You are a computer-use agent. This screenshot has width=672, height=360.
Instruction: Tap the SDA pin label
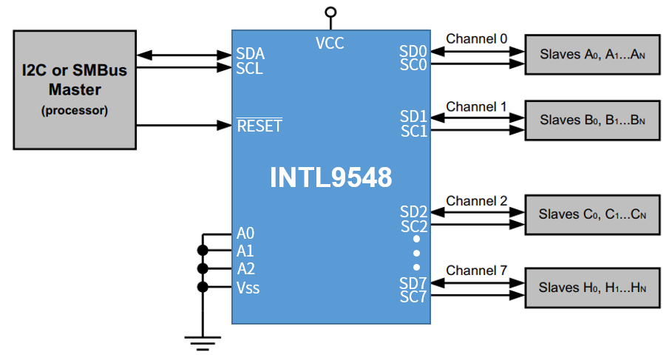pos(250,54)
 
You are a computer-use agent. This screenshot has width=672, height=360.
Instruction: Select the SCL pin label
pos(249,69)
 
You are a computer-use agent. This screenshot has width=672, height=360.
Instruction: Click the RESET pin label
pos(259,126)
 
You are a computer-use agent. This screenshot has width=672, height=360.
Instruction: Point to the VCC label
pos(330,43)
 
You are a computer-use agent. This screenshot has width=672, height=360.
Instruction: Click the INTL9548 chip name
pos(330,177)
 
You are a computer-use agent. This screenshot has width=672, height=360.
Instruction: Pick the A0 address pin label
pos(246,233)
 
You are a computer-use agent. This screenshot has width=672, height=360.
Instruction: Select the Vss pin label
pos(248,288)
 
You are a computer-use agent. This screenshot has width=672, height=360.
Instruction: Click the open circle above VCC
pos(330,12)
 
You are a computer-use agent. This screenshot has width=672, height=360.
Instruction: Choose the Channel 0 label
pos(477,38)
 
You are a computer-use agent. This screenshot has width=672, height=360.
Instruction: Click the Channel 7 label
pos(477,271)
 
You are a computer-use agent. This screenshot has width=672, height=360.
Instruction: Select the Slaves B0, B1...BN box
pos(592,119)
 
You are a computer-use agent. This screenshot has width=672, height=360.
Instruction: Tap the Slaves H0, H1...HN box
pos(592,288)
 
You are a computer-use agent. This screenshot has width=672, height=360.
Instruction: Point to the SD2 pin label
pos(414,212)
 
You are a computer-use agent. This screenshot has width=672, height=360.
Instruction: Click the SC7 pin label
pos(414,296)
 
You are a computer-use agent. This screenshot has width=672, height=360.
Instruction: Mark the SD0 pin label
pos(414,51)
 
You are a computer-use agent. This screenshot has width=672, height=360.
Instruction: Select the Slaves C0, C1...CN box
pos(592,214)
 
